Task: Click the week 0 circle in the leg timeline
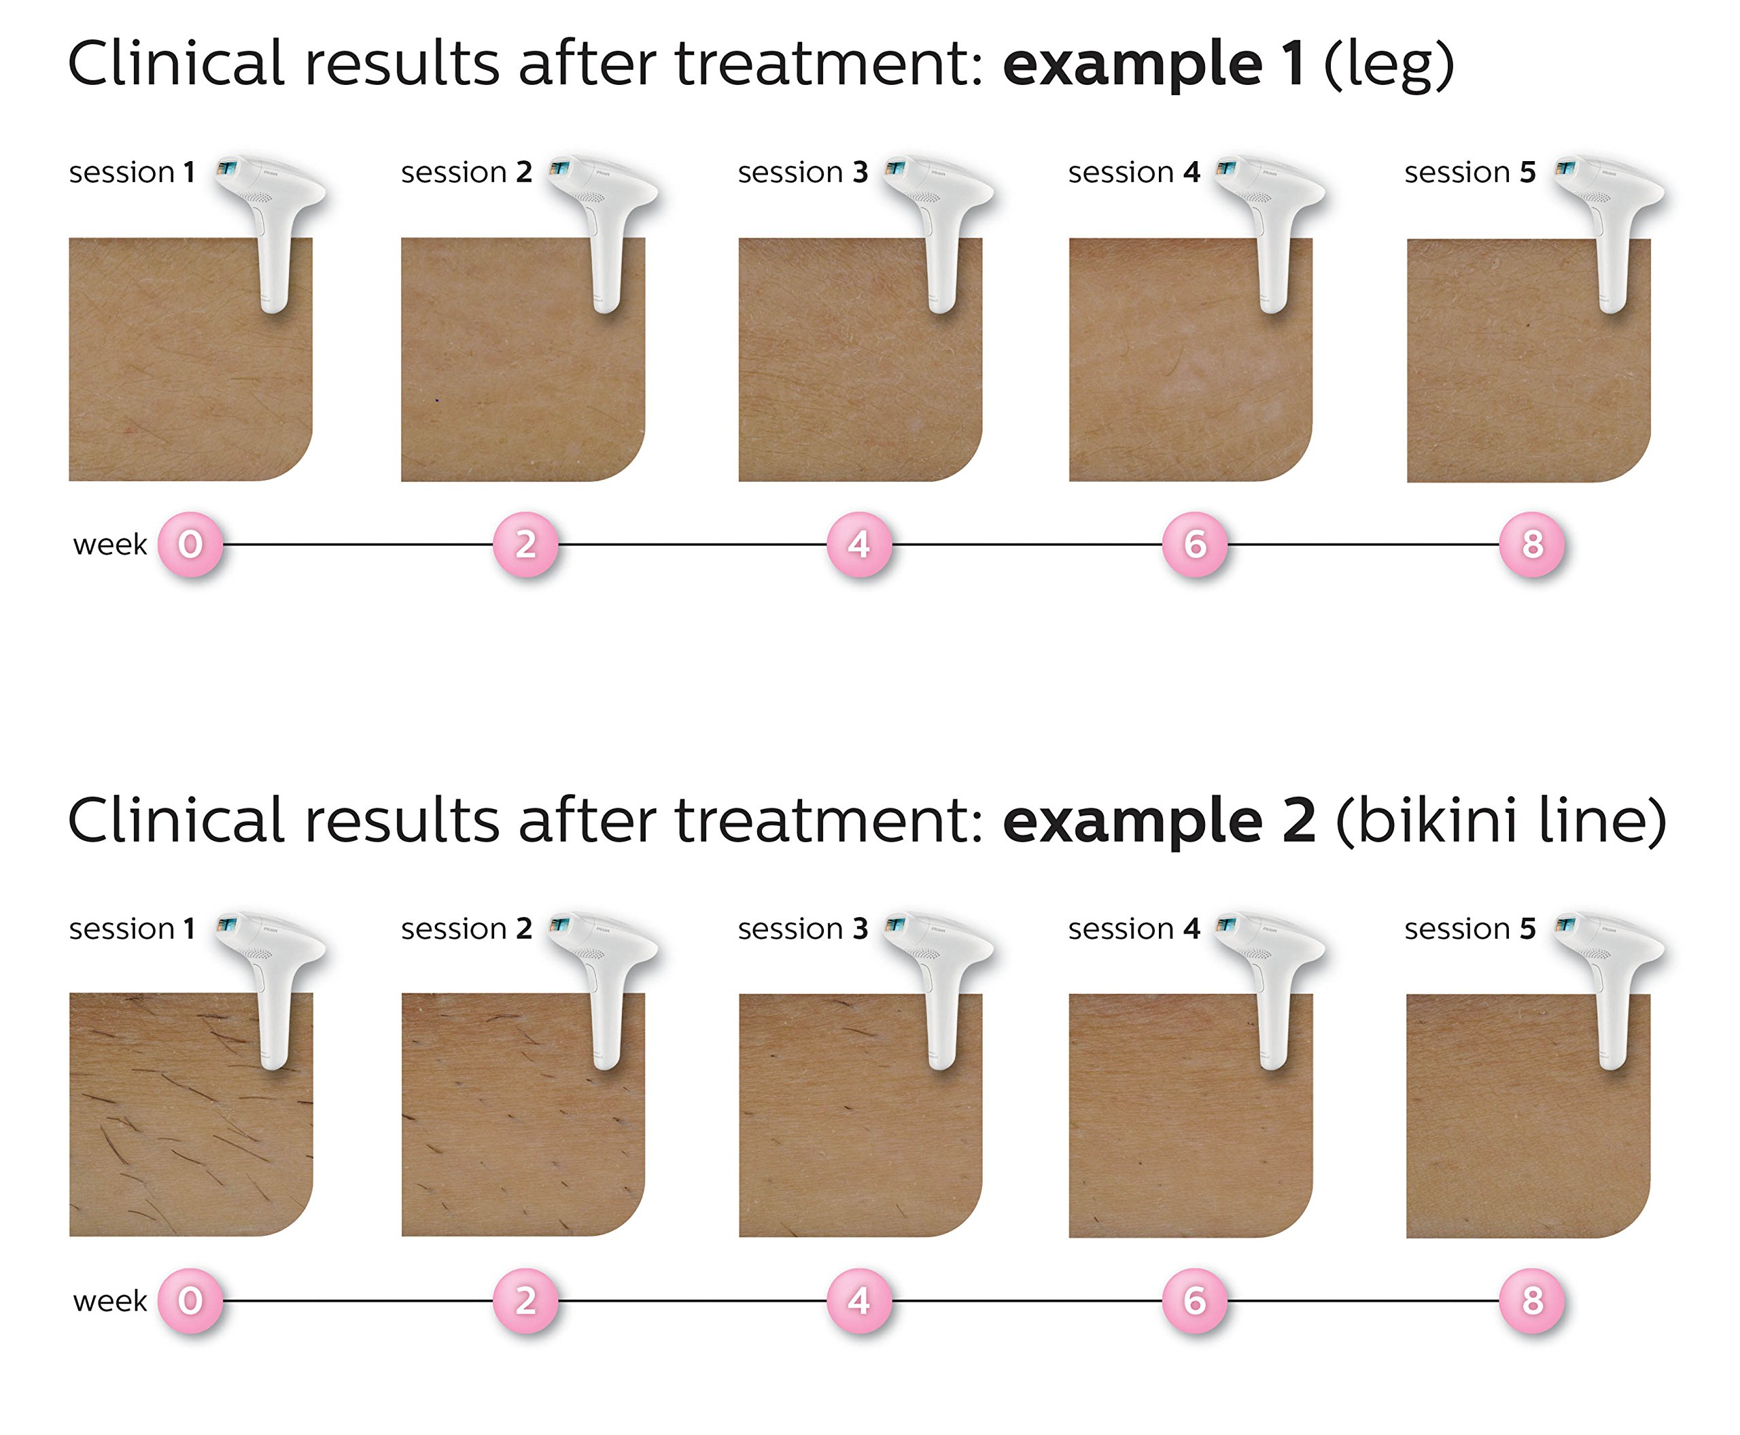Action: pyautogui.click(x=190, y=544)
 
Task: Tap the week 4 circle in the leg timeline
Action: pyautogui.click(x=859, y=544)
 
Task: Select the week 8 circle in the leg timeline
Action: pyautogui.click(x=1532, y=544)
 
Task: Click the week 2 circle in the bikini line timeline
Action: pyautogui.click(x=525, y=1300)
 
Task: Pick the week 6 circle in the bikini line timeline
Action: pyautogui.click(x=1194, y=1300)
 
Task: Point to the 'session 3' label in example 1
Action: pyautogui.click(x=803, y=172)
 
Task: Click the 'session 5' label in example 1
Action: pyautogui.click(x=1469, y=172)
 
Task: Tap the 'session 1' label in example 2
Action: pyautogui.click(x=133, y=929)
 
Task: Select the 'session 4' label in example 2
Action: pyautogui.click(x=1133, y=929)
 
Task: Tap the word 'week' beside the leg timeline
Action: pyautogui.click(x=110, y=544)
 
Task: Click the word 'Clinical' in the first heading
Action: pyautogui.click(x=176, y=64)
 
